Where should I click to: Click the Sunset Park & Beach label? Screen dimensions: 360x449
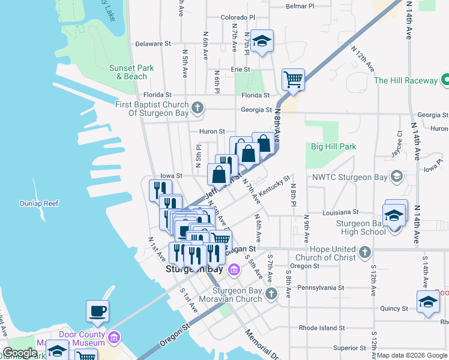coord(127,72)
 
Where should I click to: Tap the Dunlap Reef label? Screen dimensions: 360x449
coord(38,203)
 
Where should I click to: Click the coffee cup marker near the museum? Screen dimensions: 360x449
coord(98,311)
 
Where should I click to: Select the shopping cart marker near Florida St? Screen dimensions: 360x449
coord(293,79)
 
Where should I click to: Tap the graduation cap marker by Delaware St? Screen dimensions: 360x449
coord(262,41)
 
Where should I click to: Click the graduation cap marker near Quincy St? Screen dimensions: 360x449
coord(428,302)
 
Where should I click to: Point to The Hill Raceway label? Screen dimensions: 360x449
coord(406,80)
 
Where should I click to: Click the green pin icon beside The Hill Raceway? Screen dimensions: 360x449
coord(445,79)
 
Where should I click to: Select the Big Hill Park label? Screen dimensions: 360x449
coord(333,146)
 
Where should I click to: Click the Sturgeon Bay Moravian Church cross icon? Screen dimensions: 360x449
coord(271,293)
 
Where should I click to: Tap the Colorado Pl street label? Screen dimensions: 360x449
coord(238,18)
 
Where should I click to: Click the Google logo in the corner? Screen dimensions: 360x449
coord(20,353)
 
